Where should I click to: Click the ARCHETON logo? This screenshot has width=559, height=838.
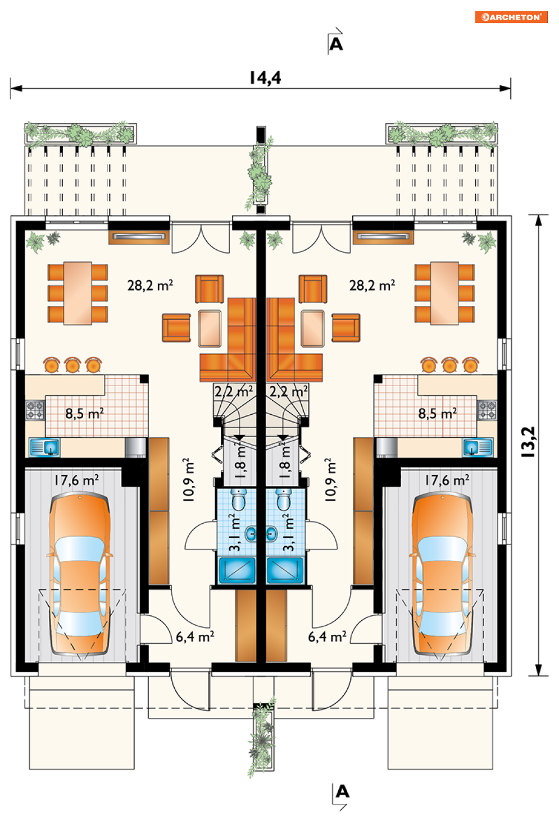(511, 17)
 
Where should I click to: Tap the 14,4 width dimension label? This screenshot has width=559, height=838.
(265, 78)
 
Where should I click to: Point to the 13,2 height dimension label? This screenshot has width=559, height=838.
(528, 442)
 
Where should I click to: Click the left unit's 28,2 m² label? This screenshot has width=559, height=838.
(150, 286)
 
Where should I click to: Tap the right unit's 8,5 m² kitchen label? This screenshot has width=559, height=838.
(437, 414)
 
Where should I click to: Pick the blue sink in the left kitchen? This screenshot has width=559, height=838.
(44, 447)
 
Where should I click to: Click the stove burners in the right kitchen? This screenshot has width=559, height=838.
(487, 410)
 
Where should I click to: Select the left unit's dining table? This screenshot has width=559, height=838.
(78, 293)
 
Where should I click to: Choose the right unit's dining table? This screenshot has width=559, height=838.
(444, 293)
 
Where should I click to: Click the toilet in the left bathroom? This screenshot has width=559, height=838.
(238, 500)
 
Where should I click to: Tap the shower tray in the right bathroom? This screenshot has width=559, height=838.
(285, 570)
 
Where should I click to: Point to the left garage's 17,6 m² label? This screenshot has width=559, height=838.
(76, 480)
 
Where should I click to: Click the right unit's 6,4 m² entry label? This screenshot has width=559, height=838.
(327, 636)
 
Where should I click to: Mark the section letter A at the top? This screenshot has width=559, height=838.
(336, 44)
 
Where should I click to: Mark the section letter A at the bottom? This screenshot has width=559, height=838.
(343, 791)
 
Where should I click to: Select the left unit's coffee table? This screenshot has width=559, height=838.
(210, 328)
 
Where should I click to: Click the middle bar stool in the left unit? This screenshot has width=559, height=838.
(72, 365)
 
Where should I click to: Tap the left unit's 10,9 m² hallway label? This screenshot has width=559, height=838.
(189, 480)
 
